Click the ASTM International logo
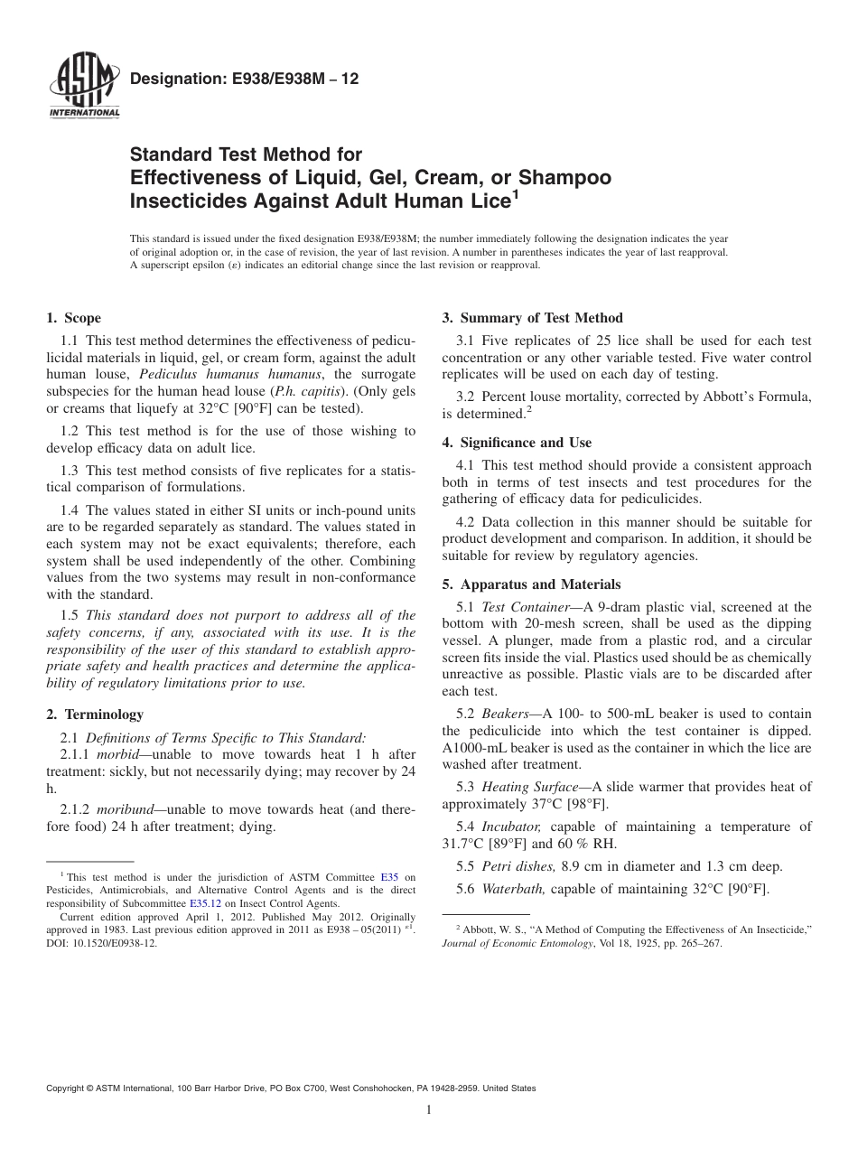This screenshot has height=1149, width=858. pos(82,89)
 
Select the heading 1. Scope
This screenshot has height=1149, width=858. pos(74,318)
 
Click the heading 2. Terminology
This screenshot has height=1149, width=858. pos(95,715)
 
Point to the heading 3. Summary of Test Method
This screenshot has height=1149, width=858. pos(532,318)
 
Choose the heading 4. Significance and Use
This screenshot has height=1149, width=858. pos(517,443)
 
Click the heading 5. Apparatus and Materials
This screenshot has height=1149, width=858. pos(531,584)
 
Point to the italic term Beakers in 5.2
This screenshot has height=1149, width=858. pos(507,714)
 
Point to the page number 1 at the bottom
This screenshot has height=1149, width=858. pos(429,1110)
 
